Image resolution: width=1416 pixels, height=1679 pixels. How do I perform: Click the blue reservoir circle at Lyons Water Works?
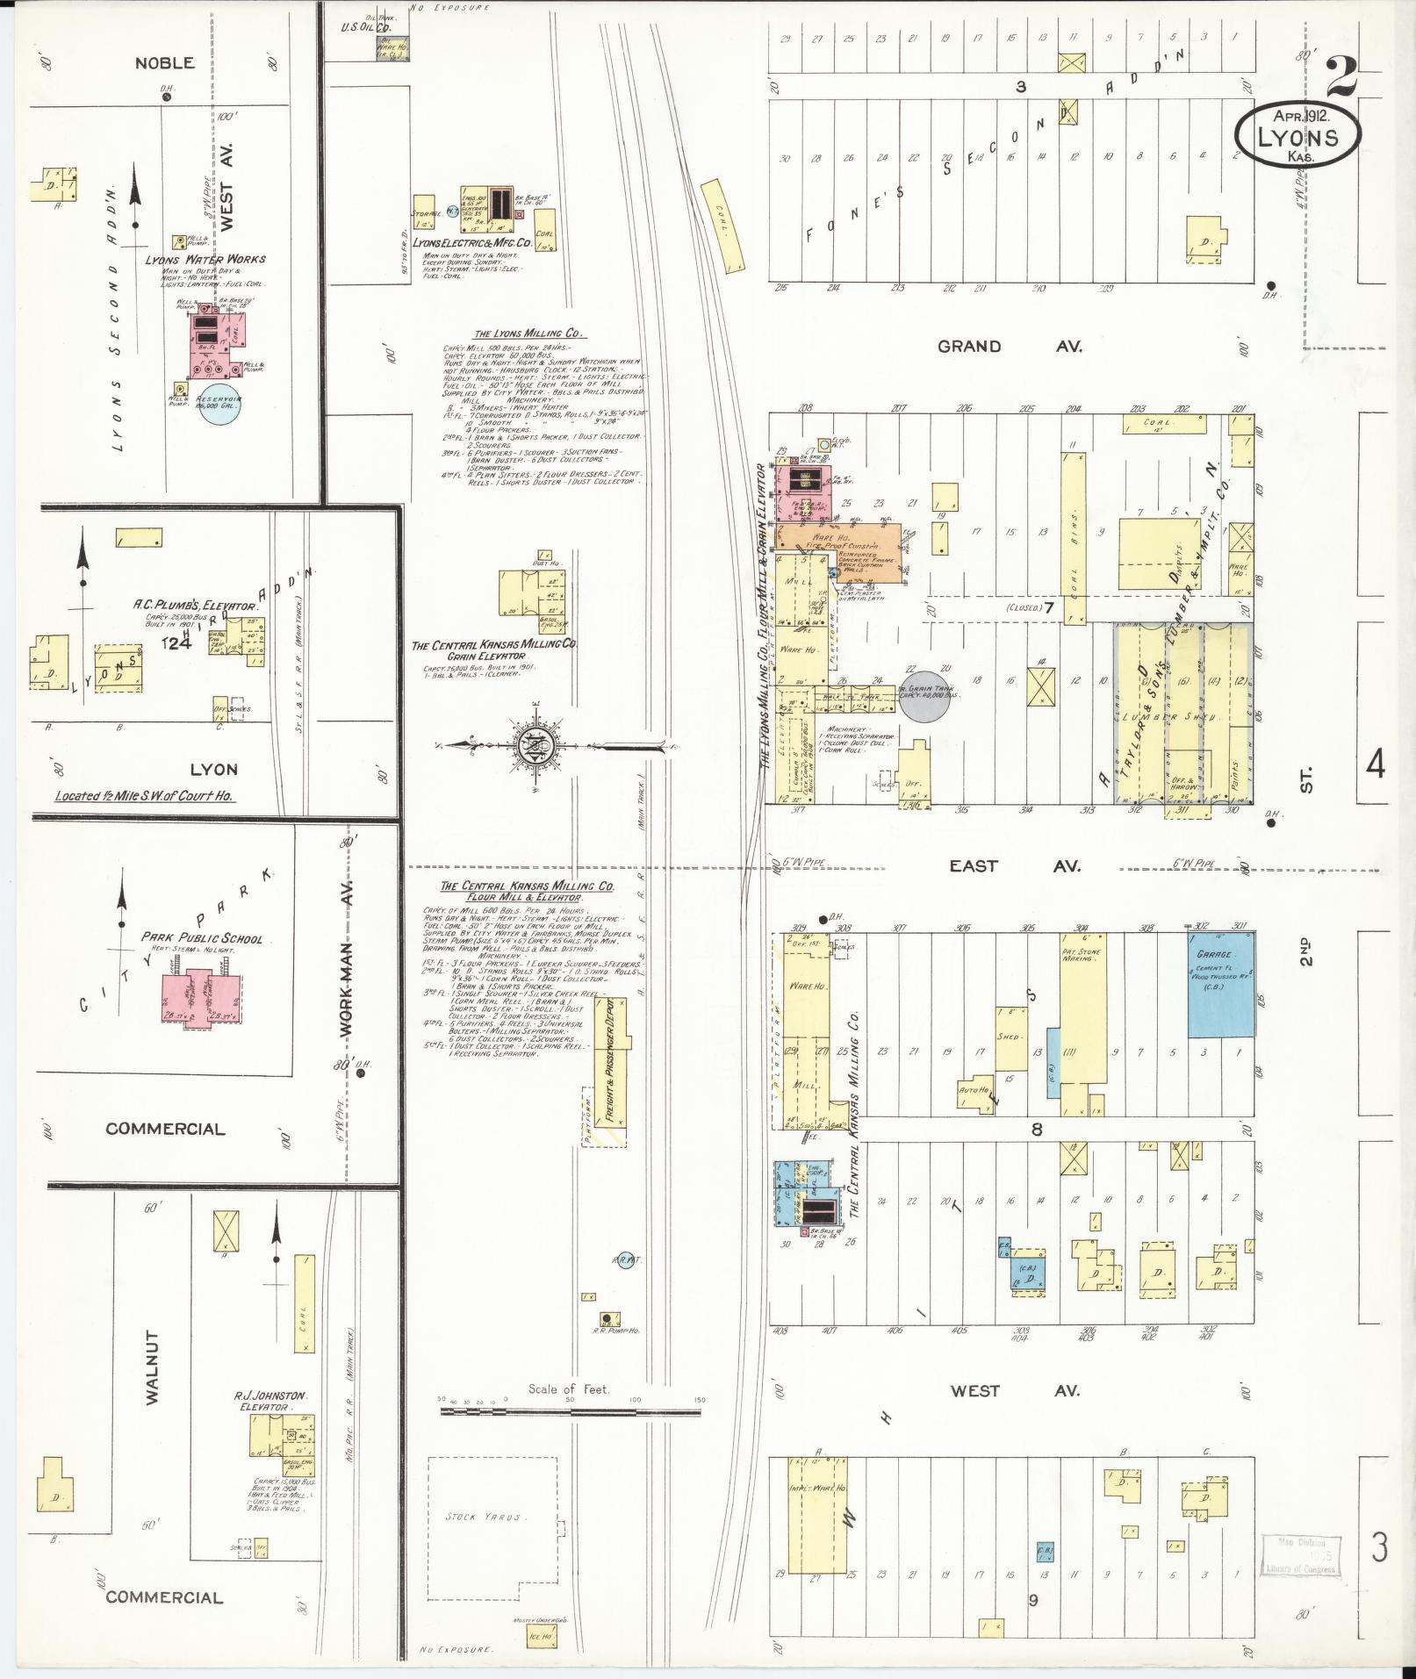[220, 404]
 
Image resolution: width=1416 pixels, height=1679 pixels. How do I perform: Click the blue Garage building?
[1221, 984]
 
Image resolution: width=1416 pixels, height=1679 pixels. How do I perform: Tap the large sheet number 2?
[1341, 77]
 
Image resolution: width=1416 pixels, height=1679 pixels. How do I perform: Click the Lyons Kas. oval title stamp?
[1297, 135]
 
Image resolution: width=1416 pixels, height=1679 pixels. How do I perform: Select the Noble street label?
[164, 63]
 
